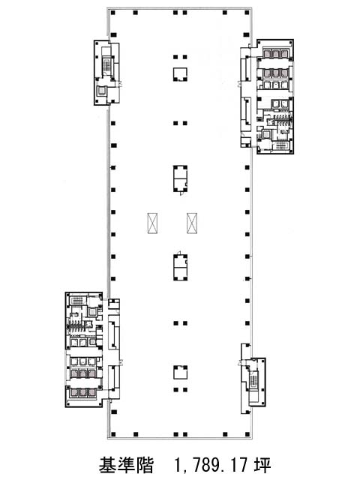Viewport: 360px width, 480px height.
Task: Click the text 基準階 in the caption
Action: (126, 465)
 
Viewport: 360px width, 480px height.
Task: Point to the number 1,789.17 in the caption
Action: (211, 465)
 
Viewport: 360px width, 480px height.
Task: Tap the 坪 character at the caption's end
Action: (262, 465)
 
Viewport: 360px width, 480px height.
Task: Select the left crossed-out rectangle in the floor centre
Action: (152, 223)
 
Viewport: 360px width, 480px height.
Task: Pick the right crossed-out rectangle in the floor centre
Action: (192, 223)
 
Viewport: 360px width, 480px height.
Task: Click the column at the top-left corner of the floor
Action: (113, 13)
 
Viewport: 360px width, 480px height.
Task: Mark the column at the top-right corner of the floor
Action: (247, 13)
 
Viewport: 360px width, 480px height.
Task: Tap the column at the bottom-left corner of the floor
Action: (113, 434)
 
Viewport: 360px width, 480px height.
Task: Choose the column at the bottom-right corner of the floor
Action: (247, 434)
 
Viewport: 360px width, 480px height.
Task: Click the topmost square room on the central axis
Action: (180, 74)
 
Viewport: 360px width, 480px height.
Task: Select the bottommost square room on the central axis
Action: (180, 373)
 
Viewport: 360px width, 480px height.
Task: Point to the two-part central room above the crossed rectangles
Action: (180, 178)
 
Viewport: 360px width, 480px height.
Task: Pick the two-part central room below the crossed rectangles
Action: (180, 267)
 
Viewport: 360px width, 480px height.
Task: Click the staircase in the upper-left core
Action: (106, 65)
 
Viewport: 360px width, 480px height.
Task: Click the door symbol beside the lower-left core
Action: (121, 362)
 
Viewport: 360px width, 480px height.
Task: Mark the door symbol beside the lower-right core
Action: (239, 363)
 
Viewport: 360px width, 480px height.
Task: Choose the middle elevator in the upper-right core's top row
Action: (276, 54)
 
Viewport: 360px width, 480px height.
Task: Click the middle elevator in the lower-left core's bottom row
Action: (82, 392)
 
